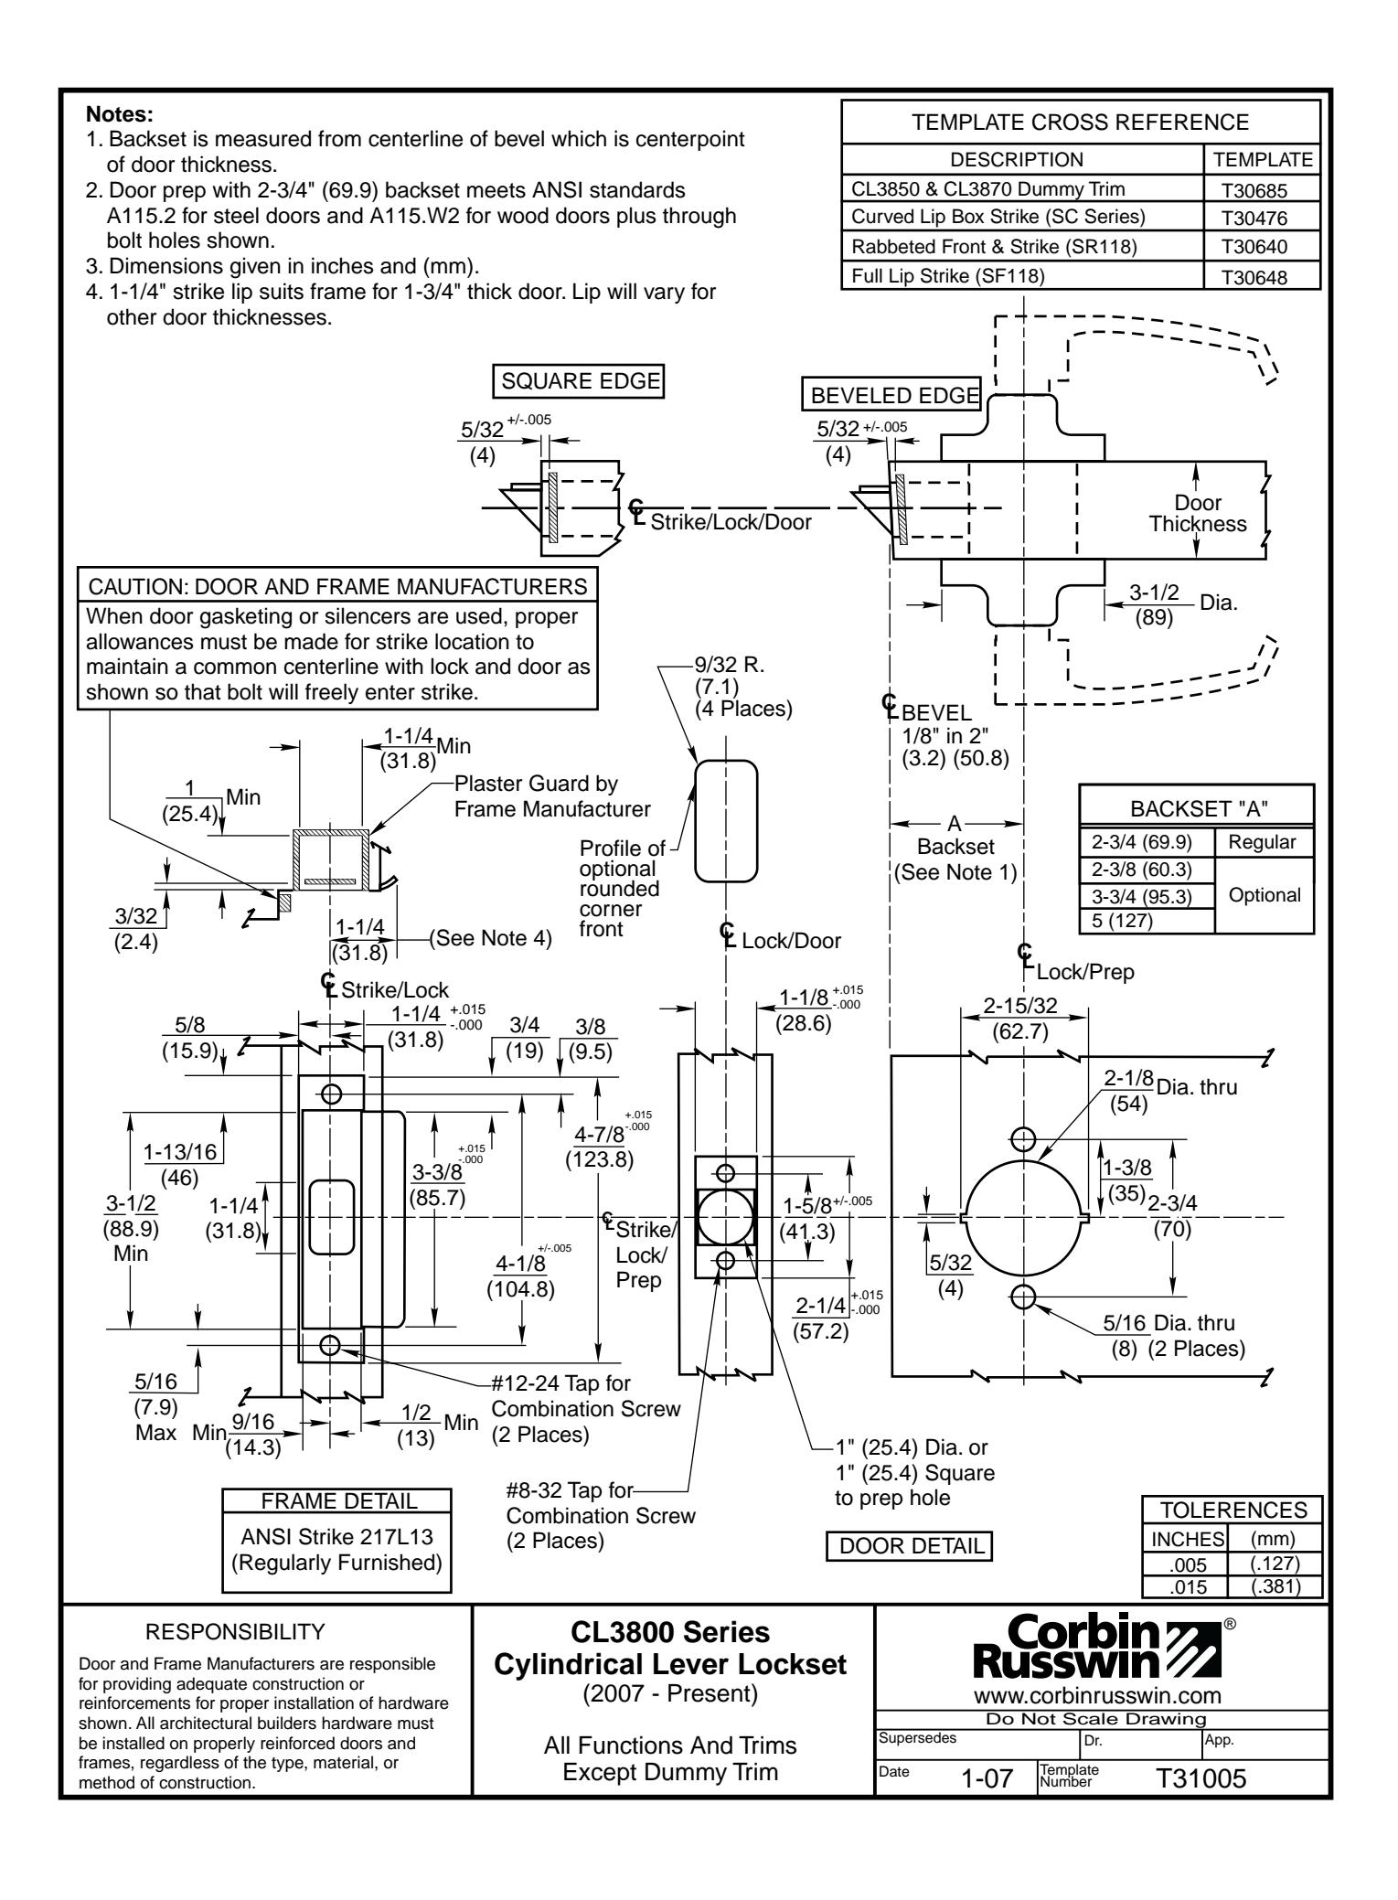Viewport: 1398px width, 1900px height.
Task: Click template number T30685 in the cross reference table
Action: coord(1262,190)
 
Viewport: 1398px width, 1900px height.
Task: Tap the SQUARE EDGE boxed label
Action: coord(577,381)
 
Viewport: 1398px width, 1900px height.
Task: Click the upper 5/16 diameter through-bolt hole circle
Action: coord(1023,1138)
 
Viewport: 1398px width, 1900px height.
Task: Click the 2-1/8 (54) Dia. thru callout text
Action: coord(1169,1088)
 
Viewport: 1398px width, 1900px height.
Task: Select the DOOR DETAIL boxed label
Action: coord(909,1546)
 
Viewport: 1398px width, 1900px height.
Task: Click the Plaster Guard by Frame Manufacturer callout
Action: coord(551,796)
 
